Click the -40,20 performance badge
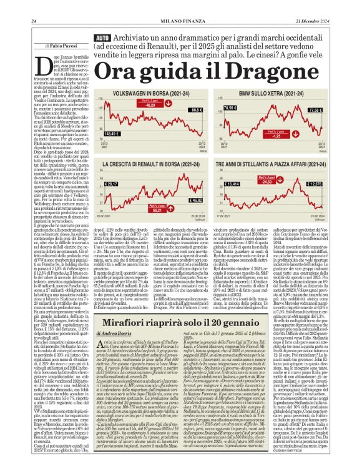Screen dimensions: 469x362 (130, 105)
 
